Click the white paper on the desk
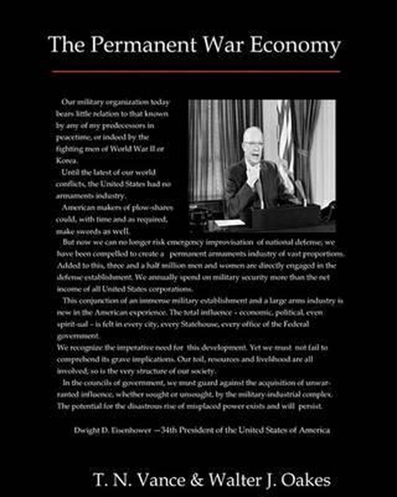tap(230, 223)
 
